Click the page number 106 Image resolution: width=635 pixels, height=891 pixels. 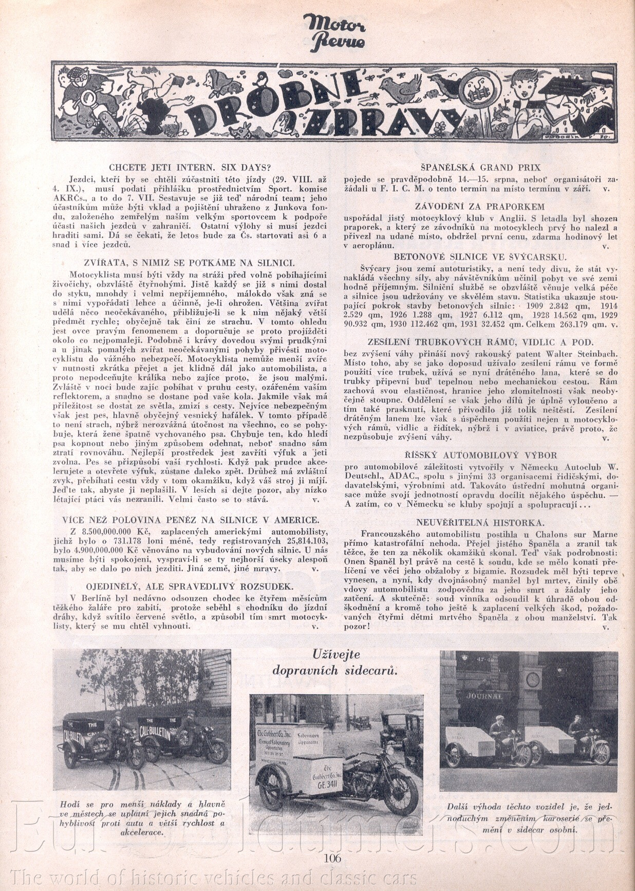[x=333, y=858]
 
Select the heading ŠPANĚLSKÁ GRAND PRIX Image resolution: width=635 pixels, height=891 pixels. [x=480, y=167]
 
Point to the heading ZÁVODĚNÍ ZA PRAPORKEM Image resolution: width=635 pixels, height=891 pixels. [x=480, y=206]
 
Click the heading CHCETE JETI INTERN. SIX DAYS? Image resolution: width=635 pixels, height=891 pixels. [x=190, y=167]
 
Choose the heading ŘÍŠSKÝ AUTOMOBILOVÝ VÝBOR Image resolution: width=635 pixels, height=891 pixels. [x=480, y=455]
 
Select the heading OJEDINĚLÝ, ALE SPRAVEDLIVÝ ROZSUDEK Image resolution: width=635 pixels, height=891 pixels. [x=190, y=586]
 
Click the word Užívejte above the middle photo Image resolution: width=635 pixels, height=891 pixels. [x=337, y=654]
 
